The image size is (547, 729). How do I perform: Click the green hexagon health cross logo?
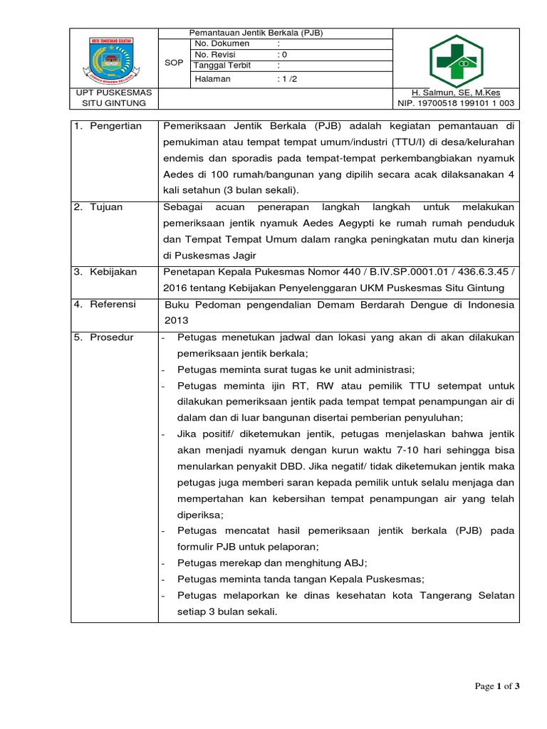(x=456, y=61)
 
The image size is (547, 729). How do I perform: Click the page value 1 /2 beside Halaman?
(x=288, y=79)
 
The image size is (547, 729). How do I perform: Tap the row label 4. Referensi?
(x=106, y=305)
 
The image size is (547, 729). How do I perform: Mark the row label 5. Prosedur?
(x=105, y=337)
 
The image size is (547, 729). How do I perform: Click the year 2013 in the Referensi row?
(x=177, y=320)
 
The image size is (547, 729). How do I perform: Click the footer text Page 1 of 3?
(x=498, y=686)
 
